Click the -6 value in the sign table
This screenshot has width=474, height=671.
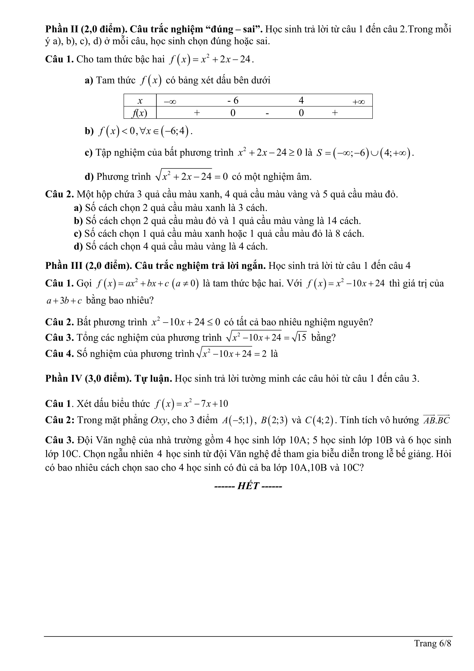(x=233, y=101)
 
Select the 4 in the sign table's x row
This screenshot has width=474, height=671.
(x=301, y=101)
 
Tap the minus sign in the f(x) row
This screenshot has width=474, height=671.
(x=267, y=113)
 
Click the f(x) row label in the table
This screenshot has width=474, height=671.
(x=140, y=113)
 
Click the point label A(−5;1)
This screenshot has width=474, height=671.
(x=237, y=420)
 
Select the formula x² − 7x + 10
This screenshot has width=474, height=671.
(x=206, y=404)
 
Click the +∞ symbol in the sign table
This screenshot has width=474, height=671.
(x=358, y=102)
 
